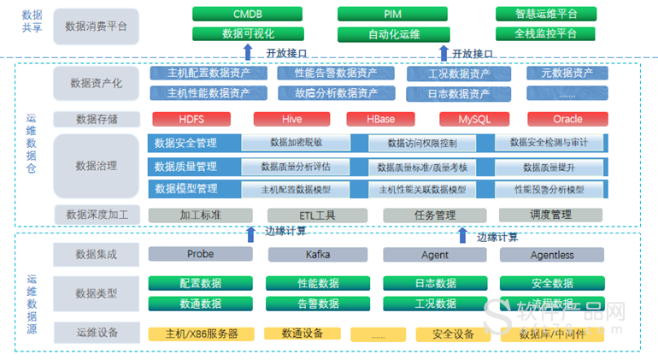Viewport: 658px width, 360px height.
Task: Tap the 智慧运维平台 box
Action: click(546, 15)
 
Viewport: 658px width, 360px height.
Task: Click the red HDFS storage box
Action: click(191, 119)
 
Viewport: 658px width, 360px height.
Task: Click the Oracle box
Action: click(567, 119)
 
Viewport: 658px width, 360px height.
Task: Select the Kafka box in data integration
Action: click(317, 254)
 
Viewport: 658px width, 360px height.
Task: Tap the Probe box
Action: click(200, 254)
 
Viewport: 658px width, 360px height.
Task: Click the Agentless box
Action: click(551, 254)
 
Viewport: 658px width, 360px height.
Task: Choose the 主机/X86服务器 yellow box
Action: click(201, 333)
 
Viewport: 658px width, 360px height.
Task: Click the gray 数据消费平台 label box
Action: click(96, 26)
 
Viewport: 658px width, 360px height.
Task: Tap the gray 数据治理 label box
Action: click(96, 166)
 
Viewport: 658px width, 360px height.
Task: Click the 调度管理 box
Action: click(550, 215)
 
